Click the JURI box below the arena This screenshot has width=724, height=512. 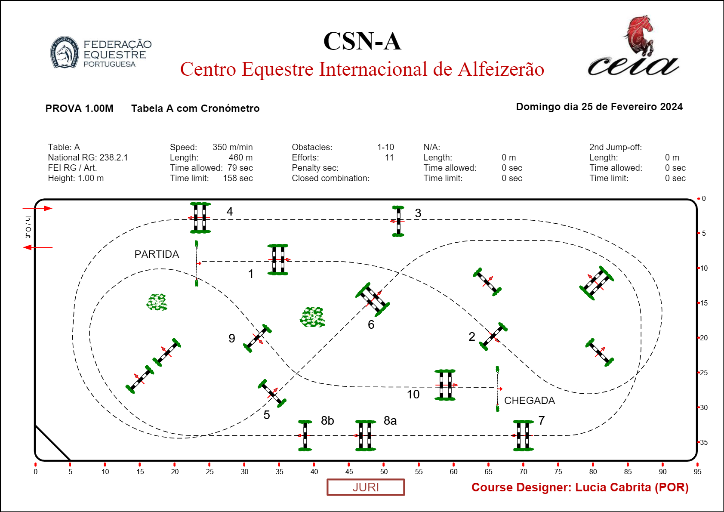(366, 487)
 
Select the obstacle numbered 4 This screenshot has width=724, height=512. (200, 218)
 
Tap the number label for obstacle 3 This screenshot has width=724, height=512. (418, 213)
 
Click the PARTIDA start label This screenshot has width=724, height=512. (157, 254)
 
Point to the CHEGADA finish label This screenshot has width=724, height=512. (529, 401)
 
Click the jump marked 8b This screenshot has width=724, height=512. (305, 435)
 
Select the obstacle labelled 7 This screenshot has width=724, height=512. (523, 435)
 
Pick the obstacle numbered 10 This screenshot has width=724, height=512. (445, 385)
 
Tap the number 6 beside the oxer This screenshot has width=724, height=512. (371, 324)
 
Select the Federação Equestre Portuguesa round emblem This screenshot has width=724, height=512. (65, 52)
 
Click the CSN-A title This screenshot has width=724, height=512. (362, 41)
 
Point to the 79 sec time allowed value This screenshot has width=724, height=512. (240, 168)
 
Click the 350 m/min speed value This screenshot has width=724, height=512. (232, 147)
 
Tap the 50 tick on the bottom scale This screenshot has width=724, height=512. (384, 471)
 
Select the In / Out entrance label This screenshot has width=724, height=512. (28, 227)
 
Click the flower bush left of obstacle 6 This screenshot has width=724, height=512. (312, 317)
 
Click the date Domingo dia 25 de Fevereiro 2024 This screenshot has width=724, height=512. (599, 107)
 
